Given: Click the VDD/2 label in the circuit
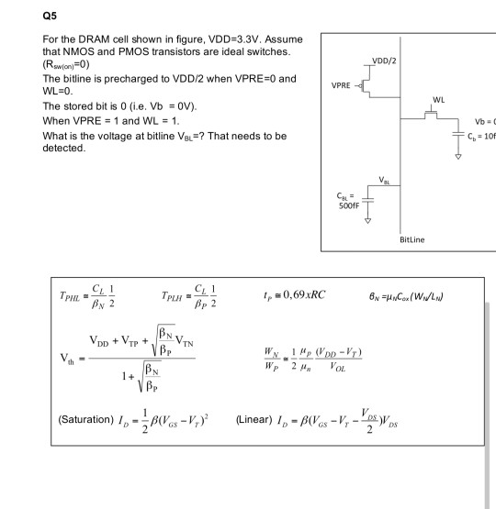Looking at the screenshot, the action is (384, 60).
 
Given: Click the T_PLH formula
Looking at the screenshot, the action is (212, 297).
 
